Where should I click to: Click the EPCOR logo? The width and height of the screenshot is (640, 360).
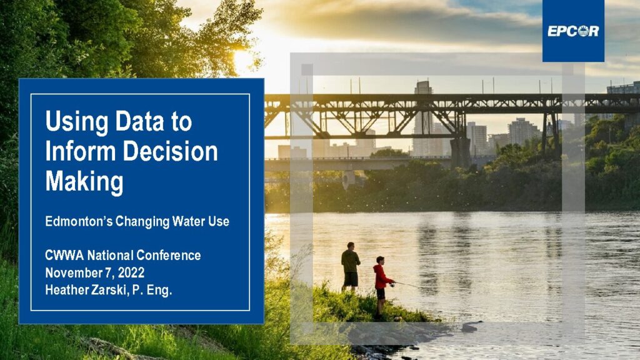573,31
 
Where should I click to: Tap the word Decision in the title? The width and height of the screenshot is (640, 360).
170,151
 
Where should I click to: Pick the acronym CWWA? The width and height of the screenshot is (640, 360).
64,256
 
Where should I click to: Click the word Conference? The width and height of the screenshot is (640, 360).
169,256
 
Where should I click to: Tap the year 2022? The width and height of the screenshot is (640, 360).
131,272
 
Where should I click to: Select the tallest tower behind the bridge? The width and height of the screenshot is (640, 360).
423,117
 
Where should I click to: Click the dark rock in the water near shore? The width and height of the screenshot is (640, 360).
469,327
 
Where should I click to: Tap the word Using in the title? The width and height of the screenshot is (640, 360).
77,122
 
